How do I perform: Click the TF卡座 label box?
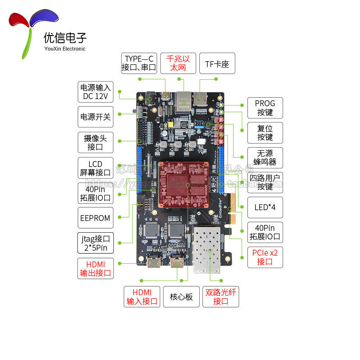[x=217, y=64]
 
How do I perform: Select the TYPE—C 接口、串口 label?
[x=139, y=63]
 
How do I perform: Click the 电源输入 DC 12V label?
[x=94, y=92]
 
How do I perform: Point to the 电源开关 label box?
[x=94, y=117]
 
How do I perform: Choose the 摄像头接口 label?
[x=95, y=142]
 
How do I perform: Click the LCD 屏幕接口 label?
[x=95, y=168]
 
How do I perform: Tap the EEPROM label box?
[x=95, y=218]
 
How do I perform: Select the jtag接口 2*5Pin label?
[x=95, y=243]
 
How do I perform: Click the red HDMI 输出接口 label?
[x=95, y=268]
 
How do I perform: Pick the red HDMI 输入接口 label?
[x=142, y=297]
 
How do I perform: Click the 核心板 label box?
[x=181, y=297]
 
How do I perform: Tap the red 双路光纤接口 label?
[x=220, y=297]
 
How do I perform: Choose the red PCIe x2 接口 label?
[x=265, y=257]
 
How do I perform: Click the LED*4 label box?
[x=265, y=207]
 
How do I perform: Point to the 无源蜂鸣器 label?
[x=265, y=157]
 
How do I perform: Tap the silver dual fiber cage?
[x=210, y=250]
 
